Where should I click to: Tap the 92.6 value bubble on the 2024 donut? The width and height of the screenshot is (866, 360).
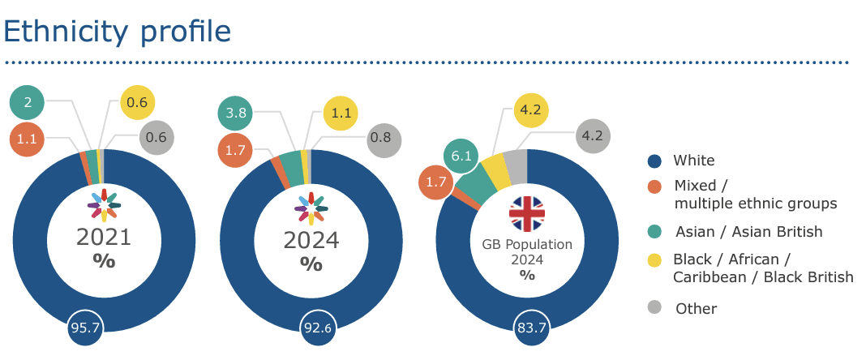point(318,328)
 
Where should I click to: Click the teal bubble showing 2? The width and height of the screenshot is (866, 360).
point(28,102)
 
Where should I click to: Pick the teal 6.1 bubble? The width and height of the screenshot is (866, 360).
point(461,156)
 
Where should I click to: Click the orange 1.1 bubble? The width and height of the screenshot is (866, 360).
point(28,139)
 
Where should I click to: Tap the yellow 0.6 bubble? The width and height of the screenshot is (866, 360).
point(137,103)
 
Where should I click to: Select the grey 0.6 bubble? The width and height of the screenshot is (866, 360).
point(156,138)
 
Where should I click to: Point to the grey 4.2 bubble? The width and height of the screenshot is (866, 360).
point(593,136)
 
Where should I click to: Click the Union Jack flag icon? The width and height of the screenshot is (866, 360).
point(527,213)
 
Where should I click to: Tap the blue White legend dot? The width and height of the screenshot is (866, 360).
point(655,161)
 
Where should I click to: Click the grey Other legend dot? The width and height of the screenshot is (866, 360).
point(655,308)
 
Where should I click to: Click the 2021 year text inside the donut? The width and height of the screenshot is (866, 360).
point(104,238)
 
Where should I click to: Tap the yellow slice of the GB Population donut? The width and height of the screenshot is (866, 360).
point(496,171)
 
